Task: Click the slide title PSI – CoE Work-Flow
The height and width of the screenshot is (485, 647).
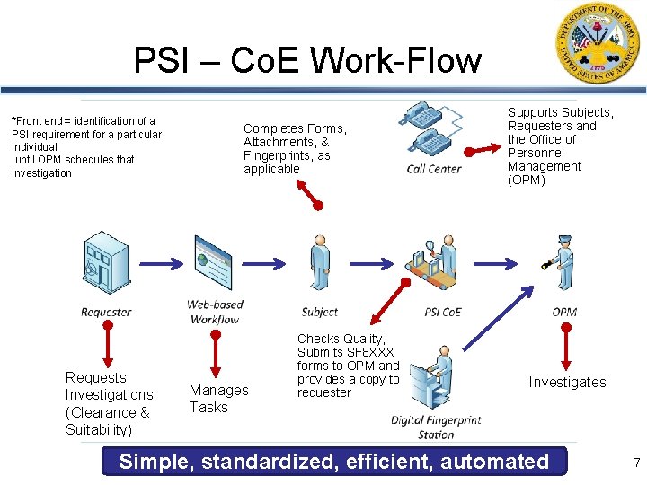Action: tap(307, 61)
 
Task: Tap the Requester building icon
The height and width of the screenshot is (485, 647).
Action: tap(106, 267)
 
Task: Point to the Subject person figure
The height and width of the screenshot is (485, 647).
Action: tap(319, 266)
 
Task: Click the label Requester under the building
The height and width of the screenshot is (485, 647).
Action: tap(106, 313)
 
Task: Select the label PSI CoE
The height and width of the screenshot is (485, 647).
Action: tap(442, 313)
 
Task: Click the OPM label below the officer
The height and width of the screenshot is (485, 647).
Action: tap(564, 313)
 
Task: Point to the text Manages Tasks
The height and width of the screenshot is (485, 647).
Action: tap(218, 399)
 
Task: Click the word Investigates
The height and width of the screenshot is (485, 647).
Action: tap(567, 383)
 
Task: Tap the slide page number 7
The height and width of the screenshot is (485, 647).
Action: tap(636, 463)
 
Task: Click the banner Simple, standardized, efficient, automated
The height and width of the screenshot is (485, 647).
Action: tap(333, 462)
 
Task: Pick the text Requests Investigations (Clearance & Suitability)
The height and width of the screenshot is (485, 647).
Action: tap(109, 403)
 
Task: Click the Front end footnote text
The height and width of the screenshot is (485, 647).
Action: tap(85, 146)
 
